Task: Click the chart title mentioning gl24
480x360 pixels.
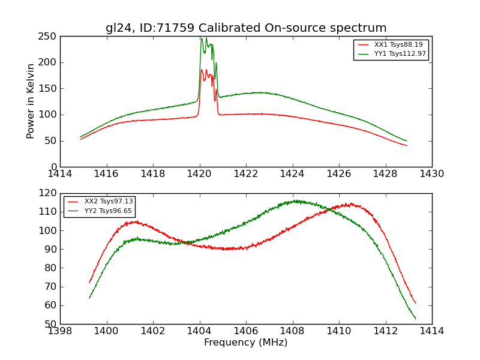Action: [246, 28]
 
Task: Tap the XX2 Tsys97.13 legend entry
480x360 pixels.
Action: [109, 202]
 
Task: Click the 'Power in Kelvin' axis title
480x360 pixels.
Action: [31, 101]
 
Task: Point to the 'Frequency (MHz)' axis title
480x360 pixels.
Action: [246, 343]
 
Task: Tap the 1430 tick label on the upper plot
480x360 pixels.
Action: [432, 174]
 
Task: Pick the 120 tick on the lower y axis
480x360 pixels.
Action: [49, 193]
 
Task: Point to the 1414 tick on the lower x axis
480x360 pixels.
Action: [432, 331]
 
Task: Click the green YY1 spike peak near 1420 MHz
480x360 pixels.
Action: [202, 38]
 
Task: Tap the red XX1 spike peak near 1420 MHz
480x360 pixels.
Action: [202, 70]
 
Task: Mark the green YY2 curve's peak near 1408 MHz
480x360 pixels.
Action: [295, 201]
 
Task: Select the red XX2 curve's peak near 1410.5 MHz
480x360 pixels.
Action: [350, 204]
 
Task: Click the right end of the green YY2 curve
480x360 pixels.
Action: [415, 318]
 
